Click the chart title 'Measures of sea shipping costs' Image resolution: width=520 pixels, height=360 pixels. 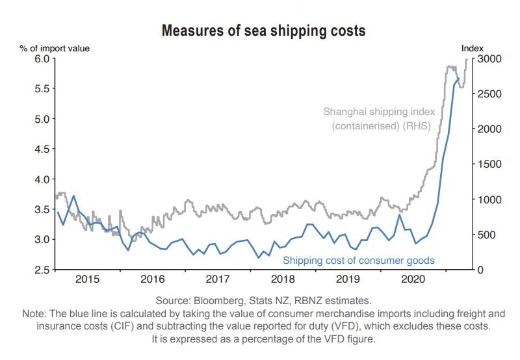[x=263, y=31]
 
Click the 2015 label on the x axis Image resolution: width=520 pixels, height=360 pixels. [x=88, y=280]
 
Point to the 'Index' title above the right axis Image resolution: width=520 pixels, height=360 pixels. [x=473, y=47]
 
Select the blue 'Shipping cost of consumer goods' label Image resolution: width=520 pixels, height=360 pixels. [x=359, y=261]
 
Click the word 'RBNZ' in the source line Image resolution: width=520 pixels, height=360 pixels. [x=307, y=300]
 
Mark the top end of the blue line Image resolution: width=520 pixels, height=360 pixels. [x=459, y=78]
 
